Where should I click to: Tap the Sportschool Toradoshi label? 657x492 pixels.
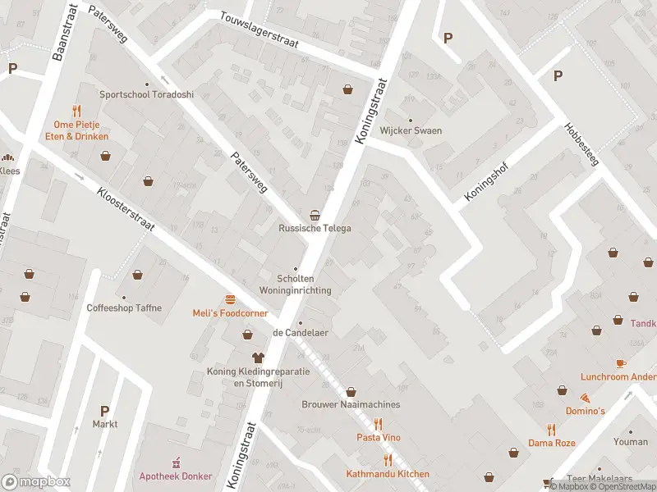(146, 94)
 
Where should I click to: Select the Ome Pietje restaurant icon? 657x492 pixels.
(76, 110)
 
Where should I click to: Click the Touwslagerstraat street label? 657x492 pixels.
(260, 30)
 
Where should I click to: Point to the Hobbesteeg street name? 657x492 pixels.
(581, 144)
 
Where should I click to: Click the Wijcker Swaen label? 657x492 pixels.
(411, 130)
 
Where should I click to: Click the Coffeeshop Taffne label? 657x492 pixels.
(124, 308)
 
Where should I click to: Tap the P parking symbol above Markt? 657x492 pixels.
(104, 411)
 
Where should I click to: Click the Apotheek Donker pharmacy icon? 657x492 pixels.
(174, 463)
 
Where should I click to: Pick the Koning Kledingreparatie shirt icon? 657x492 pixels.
(258, 358)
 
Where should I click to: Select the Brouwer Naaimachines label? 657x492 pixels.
(351, 404)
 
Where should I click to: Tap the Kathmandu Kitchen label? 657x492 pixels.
(388, 474)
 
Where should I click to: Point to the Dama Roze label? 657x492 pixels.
(552, 443)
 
